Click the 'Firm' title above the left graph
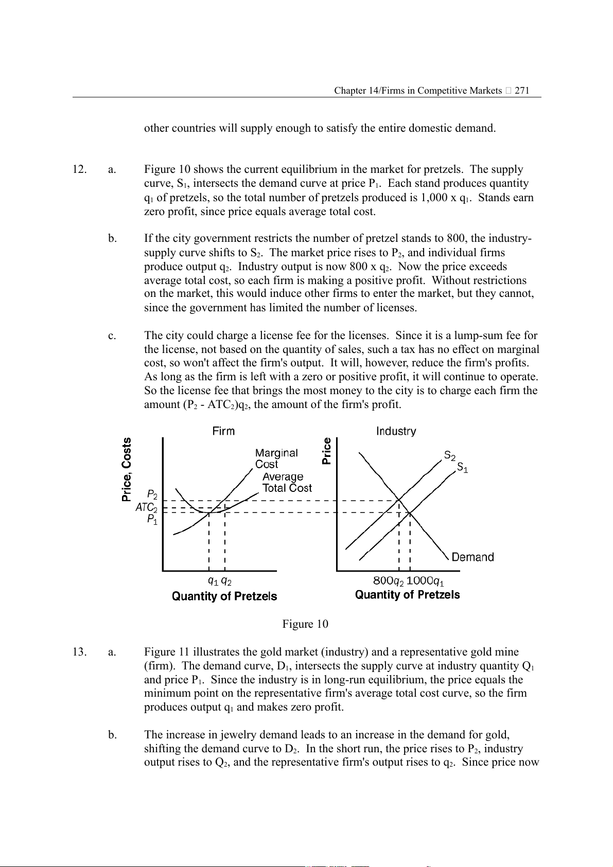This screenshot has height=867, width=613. click(223, 431)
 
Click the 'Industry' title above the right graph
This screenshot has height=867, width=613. click(396, 431)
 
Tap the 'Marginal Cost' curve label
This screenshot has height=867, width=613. click(276, 458)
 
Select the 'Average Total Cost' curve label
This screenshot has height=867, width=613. click(287, 483)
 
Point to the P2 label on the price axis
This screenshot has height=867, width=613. click(152, 496)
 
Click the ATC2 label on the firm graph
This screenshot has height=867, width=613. click(146, 507)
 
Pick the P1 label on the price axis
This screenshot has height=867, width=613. click(152, 520)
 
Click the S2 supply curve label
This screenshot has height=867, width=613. click(450, 456)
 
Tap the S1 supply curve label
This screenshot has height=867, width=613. click(463, 468)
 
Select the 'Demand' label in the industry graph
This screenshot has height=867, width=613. click(472, 557)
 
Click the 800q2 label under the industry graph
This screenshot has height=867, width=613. click(388, 581)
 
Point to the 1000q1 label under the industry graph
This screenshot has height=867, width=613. click(425, 581)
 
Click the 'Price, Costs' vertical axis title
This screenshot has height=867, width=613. click(127, 469)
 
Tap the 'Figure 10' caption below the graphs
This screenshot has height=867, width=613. click(305, 624)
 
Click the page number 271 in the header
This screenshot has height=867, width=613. click(522, 91)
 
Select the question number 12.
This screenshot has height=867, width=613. click(79, 169)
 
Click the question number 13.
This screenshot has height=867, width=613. click(79, 652)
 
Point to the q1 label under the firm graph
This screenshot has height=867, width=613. click(213, 581)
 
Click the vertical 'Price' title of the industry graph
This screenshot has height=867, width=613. click(327, 451)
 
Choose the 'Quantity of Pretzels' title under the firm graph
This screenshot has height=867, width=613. click(224, 596)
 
